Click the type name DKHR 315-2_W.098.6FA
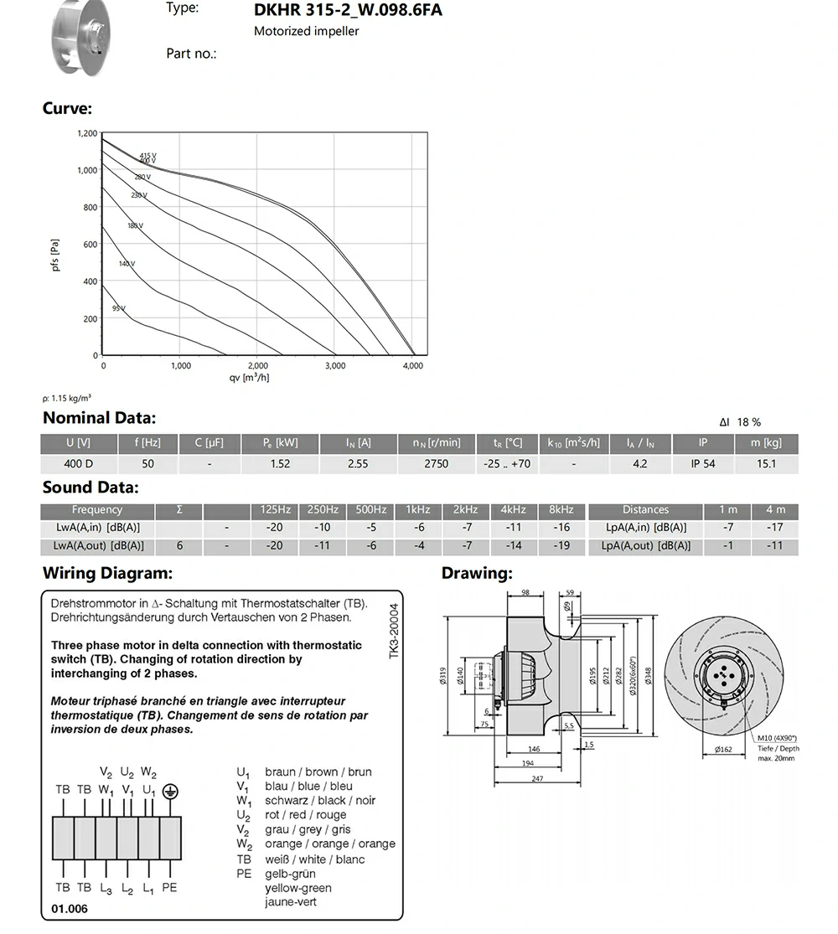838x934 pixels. [x=348, y=11]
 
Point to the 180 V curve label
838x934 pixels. [x=135, y=226]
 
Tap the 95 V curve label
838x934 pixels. [x=118, y=309]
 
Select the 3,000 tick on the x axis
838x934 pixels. [x=335, y=366]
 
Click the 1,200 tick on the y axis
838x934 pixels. [x=87, y=133]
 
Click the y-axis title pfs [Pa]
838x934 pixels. [x=55, y=255]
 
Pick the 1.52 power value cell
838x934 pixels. [x=281, y=463]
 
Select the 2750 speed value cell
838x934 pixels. [x=436, y=463]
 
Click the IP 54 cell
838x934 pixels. [x=703, y=463]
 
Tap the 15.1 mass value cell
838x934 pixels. [x=766, y=463]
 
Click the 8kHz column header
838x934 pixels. [x=561, y=509]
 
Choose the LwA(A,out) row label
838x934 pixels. [x=97, y=545]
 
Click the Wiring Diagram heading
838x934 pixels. [x=107, y=574]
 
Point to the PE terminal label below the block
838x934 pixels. [x=169, y=887]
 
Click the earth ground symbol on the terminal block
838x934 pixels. [x=170, y=790]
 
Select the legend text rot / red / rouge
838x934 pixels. [x=305, y=815]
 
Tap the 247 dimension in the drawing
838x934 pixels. [x=537, y=778]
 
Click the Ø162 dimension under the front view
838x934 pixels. [x=723, y=750]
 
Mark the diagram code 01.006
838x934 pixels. [x=69, y=908]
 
